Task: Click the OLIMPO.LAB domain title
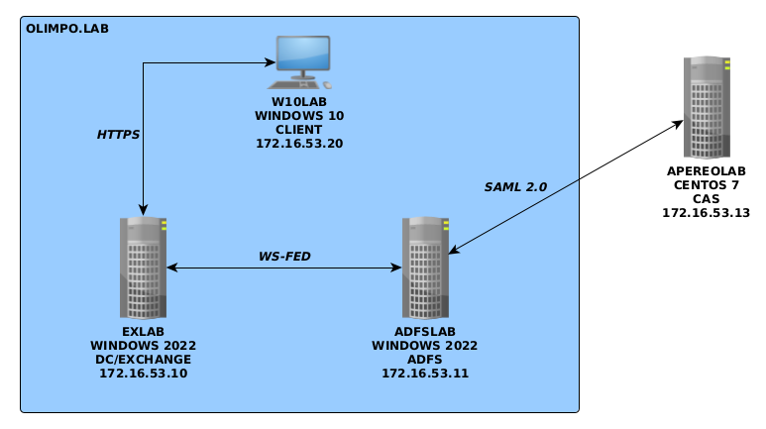coord(67,29)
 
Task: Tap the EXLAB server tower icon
coord(143,268)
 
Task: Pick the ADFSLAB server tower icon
coord(425,268)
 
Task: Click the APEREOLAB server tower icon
coord(707,108)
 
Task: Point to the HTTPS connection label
coord(118,134)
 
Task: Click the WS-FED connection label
coord(284,257)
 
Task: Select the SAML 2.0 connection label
coord(515,186)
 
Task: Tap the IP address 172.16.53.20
coord(299,144)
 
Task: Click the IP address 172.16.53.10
coord(143,374)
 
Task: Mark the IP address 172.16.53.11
coord(425,374)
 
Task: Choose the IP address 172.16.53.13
coord(706,213)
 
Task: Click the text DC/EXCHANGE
coord(143,360)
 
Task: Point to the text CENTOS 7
coord(706,185)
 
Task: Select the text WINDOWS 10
coord(299,116)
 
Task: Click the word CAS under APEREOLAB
coord(706,199)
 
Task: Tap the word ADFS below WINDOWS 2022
coord(425,360)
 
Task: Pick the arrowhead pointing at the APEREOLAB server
coord(678,124)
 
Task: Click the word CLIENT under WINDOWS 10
coord(299,130)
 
